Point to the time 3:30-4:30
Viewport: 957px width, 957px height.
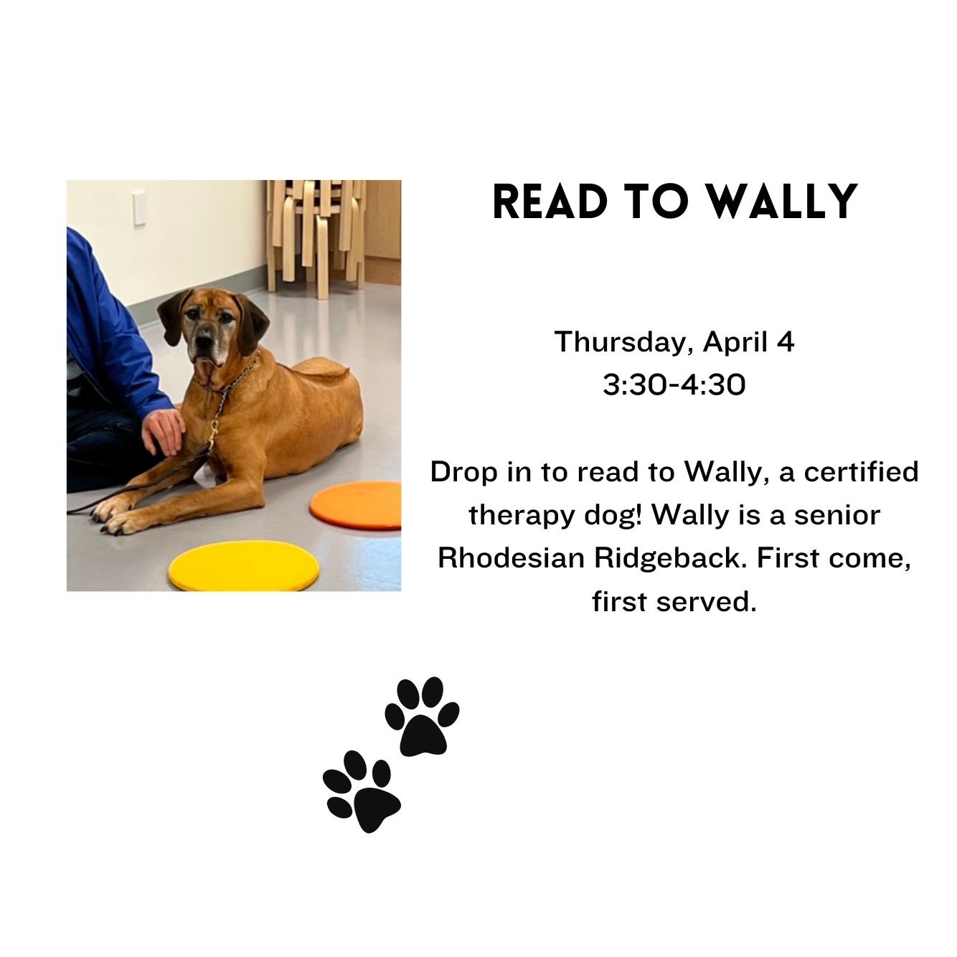tap(674, 385)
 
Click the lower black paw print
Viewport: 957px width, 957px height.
tap(362, 791)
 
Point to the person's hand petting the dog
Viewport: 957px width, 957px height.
tap(164, 430)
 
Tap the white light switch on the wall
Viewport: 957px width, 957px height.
tap(139, 207)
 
